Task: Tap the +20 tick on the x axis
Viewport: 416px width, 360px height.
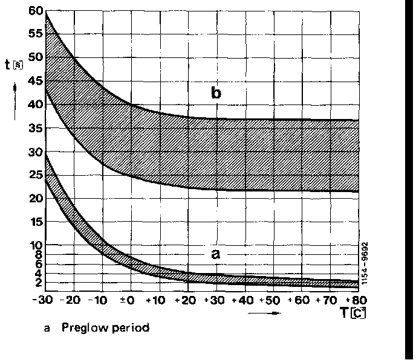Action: (187, 300)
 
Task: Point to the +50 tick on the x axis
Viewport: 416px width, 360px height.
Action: (273, 300)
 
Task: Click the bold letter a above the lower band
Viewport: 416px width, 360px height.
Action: (215, 254)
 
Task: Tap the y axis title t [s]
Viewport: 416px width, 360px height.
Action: (13, 64)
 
